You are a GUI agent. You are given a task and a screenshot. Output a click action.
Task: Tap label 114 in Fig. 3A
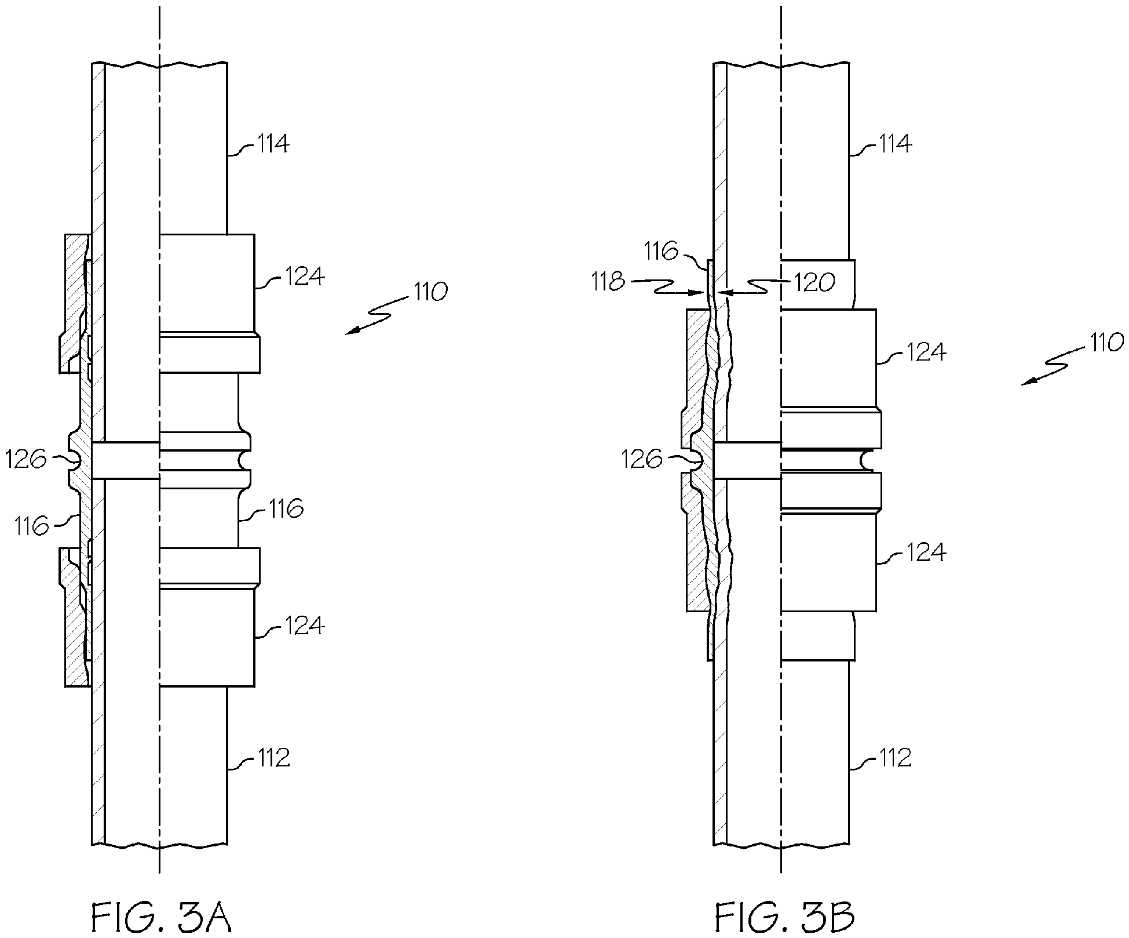(x=273, y=143)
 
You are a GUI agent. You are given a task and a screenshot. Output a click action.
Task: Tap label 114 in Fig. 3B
(x=896, y=143)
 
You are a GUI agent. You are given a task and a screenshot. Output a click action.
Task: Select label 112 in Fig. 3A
(x=273, y=757)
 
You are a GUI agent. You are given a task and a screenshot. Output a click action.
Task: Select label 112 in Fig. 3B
(x=896, y=757)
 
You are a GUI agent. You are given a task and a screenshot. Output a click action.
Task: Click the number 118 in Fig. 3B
(x=608, y=282)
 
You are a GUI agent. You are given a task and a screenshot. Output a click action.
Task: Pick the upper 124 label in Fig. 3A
(x=304, y=277)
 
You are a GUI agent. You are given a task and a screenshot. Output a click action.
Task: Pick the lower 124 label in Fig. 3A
(x=304, y=626)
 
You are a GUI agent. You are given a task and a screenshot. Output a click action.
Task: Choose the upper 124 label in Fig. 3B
(x=925, y=352)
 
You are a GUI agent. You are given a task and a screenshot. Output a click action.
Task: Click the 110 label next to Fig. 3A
(x=430, y=292)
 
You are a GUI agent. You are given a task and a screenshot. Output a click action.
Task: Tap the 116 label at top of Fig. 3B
(x=661, y=252)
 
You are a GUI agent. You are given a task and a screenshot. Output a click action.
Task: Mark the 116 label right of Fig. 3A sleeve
(x=285, y=509)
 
